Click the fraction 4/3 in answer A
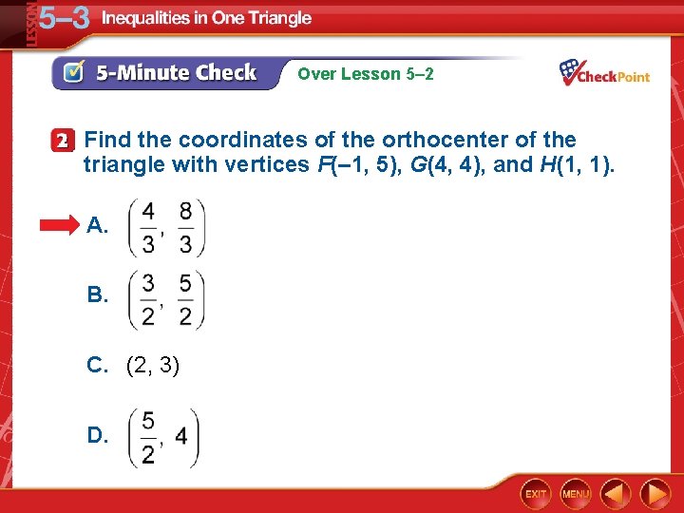tap(148, 228)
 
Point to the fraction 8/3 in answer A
tap(185, 228)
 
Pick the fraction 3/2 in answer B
tap(148, 299)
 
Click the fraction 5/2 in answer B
tap(185, 299)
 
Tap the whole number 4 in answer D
tap(180, 437)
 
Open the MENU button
tap(575, 494)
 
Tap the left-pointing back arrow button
tap(617, 494)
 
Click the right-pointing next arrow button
tap(655, 494)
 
